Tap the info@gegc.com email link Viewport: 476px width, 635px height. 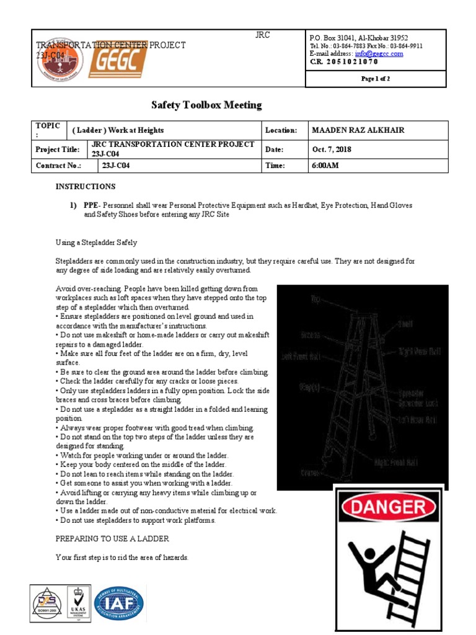(x=379, y=54)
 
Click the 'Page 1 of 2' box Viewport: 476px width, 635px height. (x=376, y=79)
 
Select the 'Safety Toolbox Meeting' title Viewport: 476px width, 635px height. (x=207, y=105)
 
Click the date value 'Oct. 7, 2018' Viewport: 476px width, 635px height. (x=332, y=149)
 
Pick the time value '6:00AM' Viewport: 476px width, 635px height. (x=325, y=166)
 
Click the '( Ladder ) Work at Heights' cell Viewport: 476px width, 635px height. (x=118, y=130)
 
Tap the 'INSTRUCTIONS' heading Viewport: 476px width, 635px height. (x=86, y=187)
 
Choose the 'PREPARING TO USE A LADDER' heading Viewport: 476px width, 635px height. (x=112, y=539)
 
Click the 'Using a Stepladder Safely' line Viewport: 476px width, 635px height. (x=96, y=242)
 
